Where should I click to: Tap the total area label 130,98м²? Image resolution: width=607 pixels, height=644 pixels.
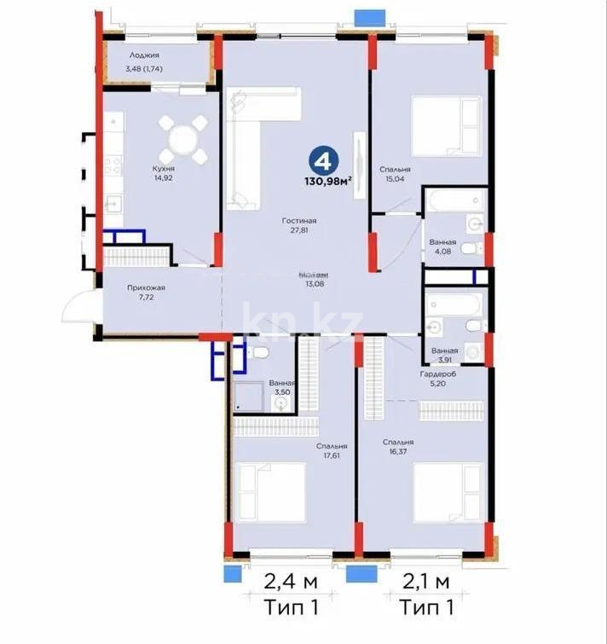click(329, 180)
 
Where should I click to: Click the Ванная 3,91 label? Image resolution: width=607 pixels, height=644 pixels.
click(444, 355)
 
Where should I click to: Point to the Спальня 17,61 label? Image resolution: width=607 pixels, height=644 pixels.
click(331, 450)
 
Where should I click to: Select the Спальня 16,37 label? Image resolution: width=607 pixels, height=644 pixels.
click(398, 447)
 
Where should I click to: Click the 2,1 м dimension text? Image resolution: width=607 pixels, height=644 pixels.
click(425, 584)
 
